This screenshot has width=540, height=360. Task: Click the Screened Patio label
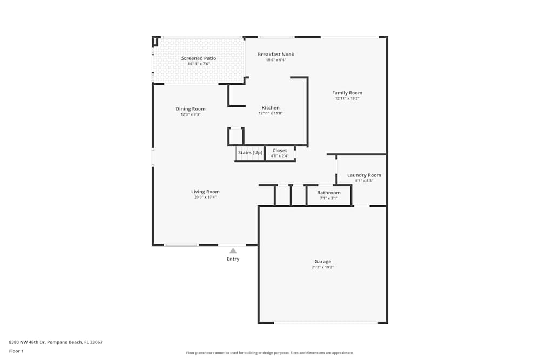pos(199,58)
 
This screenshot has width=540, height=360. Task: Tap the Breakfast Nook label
pos(276,55)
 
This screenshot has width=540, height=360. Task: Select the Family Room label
pos(347,93)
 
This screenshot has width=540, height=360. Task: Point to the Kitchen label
pos(271,108)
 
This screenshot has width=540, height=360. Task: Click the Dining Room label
pos(191,109)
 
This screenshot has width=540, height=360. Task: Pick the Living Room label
pos(205,192)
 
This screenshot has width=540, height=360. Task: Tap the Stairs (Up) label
pos(251,152)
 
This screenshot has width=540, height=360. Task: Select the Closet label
pos(280,151)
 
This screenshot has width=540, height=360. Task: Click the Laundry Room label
pos(364,175)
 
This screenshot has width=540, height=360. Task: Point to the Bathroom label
pos(329,193)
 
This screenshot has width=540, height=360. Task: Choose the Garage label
pos(323,262)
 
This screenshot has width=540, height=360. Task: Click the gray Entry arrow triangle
pos(233,250)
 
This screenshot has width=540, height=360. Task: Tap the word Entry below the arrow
pos(233,259)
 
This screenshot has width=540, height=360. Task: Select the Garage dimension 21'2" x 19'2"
pos(323,267)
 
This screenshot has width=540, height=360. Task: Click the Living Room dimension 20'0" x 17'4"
pos(205,197)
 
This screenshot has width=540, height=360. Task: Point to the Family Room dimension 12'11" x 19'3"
pos(347,98)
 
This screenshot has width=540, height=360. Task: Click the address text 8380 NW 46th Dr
pos(27,342)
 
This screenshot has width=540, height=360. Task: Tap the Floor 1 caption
pos(16,351)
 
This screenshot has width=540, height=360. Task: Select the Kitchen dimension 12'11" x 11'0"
pos(271,113)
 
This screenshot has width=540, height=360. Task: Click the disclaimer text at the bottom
pos(270,353)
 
